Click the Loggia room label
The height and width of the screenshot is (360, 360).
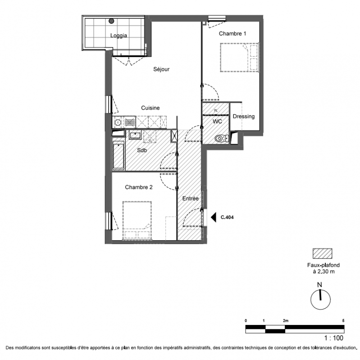pos(118,36)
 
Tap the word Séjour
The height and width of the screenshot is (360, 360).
pos(161,69)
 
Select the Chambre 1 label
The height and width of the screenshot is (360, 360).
pos(232,33)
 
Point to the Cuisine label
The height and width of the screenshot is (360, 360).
pos(150,108)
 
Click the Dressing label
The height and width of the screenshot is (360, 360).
pos(244,117)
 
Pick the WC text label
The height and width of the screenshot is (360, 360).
pos(217,121)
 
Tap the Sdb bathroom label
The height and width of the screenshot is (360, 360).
pos(142,150)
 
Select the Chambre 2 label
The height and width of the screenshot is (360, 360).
pos(139,187)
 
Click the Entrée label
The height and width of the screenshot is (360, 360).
pos(190,198)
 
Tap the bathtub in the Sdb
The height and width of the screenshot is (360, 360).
pos(118,155)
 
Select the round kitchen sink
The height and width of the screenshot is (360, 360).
pos(118,122)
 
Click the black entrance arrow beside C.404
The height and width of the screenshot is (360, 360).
pos(214,217)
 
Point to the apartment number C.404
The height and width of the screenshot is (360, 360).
pos(227,217)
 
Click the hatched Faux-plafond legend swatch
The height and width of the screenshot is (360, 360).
pos(322,253)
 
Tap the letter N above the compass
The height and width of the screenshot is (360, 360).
pos(319,285)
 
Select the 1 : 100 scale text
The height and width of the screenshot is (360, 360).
pos(333,338)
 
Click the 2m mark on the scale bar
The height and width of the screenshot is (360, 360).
pos(286,321)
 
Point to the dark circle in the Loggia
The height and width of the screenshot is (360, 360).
pos(111,21)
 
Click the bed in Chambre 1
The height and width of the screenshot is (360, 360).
pos(239,58)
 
